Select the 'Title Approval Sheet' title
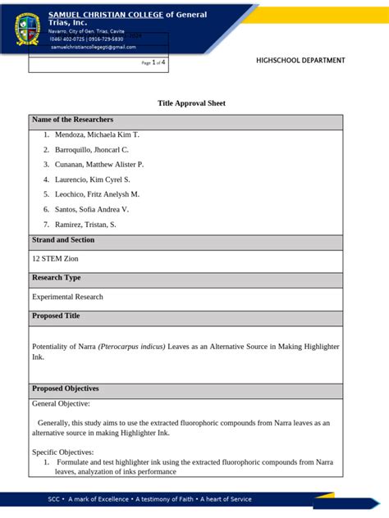(191, 103)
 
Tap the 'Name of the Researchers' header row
(72, 120)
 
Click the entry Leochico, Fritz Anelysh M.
(97, 194)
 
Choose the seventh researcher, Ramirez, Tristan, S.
(85, 225)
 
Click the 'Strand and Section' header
(63, 241)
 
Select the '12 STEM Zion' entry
(56, 259)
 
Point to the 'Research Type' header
(56, 279)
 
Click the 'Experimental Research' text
(67, 298)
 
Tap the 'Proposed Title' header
(56, 316)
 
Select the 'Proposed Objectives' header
(65, 389)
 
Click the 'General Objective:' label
(61, 404)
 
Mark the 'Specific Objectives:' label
(63, 452)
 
